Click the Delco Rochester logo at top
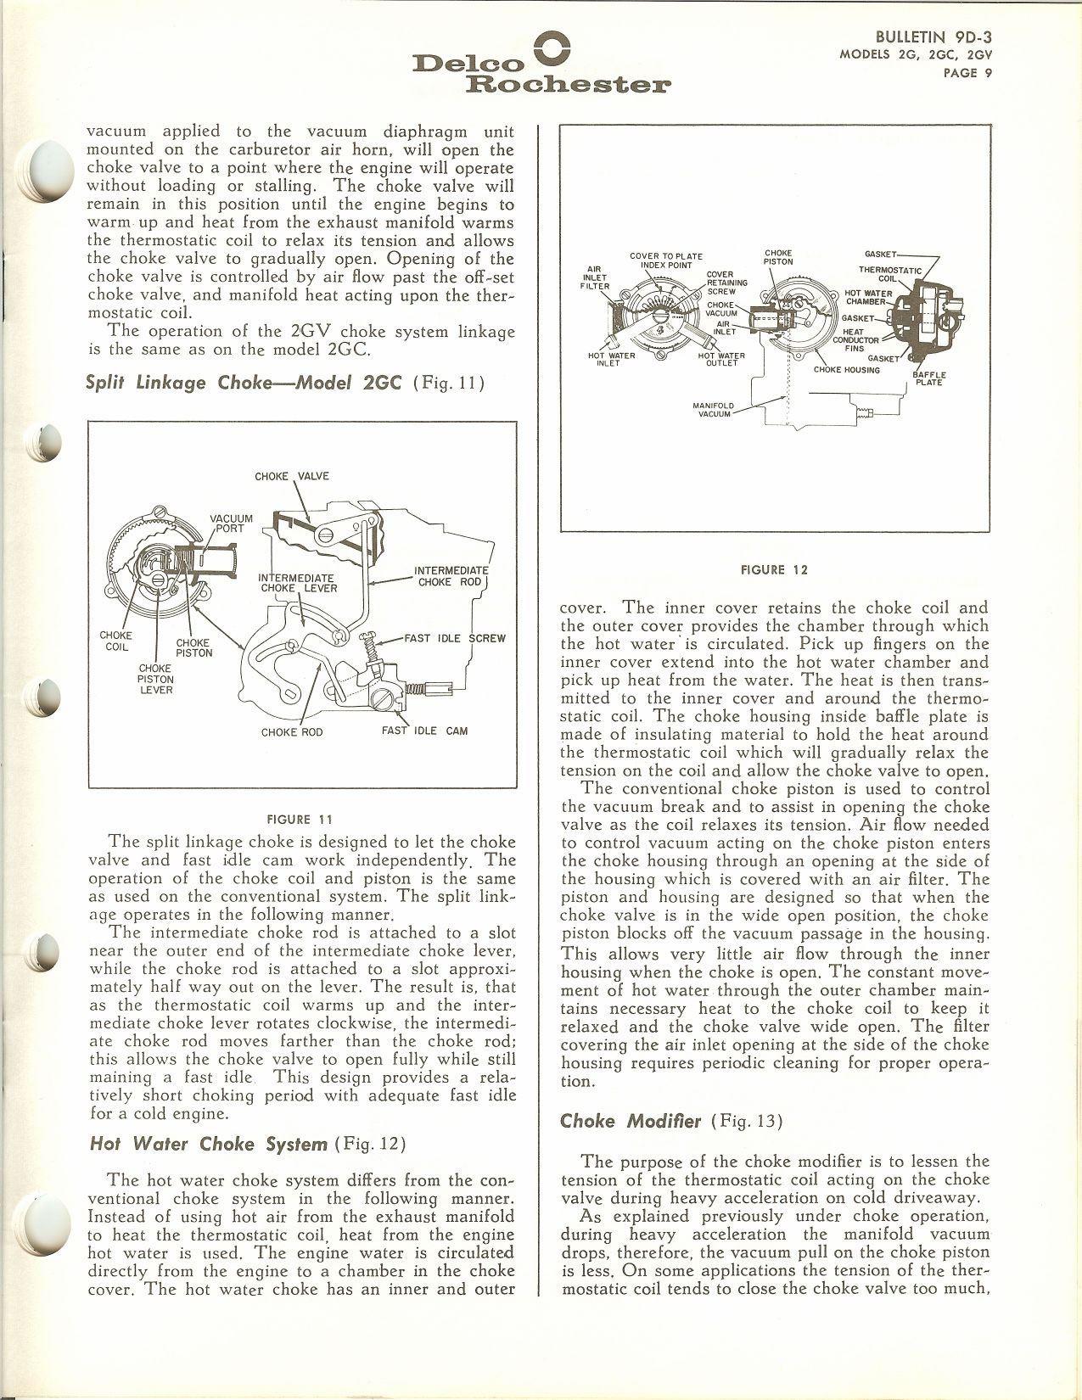click(x=541, y=64)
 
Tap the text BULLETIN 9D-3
click(x=933, y=36)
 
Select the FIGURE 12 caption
click(x=774, y=569)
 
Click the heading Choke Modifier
click(x=630, y=1121)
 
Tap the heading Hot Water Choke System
click(x=208, y=1144)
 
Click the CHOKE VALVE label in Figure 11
click(x=291, y=476)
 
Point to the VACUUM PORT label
click(x=231, y=523)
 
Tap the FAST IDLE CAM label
click(x=424, y=731)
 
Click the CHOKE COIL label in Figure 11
click(x=116, y=641)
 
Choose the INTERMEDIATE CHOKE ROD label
click(x=451, y=576)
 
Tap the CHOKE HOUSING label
click(x=846, y=369)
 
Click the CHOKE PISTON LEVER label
click(x=155, y=678)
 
